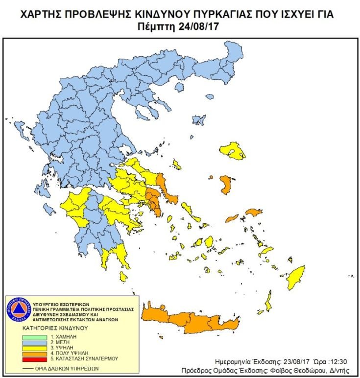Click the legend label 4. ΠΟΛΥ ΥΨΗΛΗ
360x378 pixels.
pyautogui.click(x=70, y=353)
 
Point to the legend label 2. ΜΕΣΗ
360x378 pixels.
pyautogui.click(x=61, y=343)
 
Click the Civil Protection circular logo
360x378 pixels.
pyautogui.click(x=18, y=309)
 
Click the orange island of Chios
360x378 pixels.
pyautogui.click(x=226, y=185)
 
